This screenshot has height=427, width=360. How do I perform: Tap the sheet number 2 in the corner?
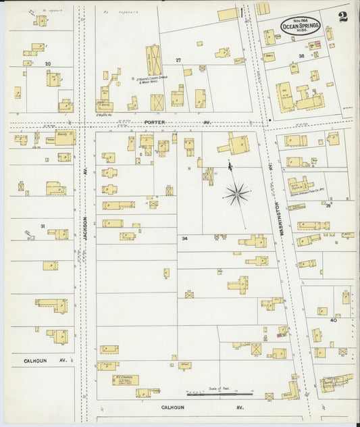pyautogui.click(x=343, y=17)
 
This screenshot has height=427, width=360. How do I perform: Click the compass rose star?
pyautogui.click(x=236, y=195)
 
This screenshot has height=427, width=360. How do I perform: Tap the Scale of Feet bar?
pyautogui.click(x=220, y=393)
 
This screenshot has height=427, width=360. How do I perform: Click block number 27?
pyautogui.click(x=178, y=61)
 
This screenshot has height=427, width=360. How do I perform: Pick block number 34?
pyautogui.click(x=184, y=238)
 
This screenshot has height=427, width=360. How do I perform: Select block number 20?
pyautogui.click(x=47, y=64)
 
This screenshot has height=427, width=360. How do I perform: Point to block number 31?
pyautogui.click(x=42, y=226)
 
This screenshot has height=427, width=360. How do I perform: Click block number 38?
pyautogui.click(x=301, y=56)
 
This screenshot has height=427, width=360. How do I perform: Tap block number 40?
pyautogui.click(x=332, y=320)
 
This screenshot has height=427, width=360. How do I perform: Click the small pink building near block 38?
pyautogui.click(x=315, y=45)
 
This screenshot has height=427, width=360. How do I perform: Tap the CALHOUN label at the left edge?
pyautogui.click(x=34, y=361)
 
